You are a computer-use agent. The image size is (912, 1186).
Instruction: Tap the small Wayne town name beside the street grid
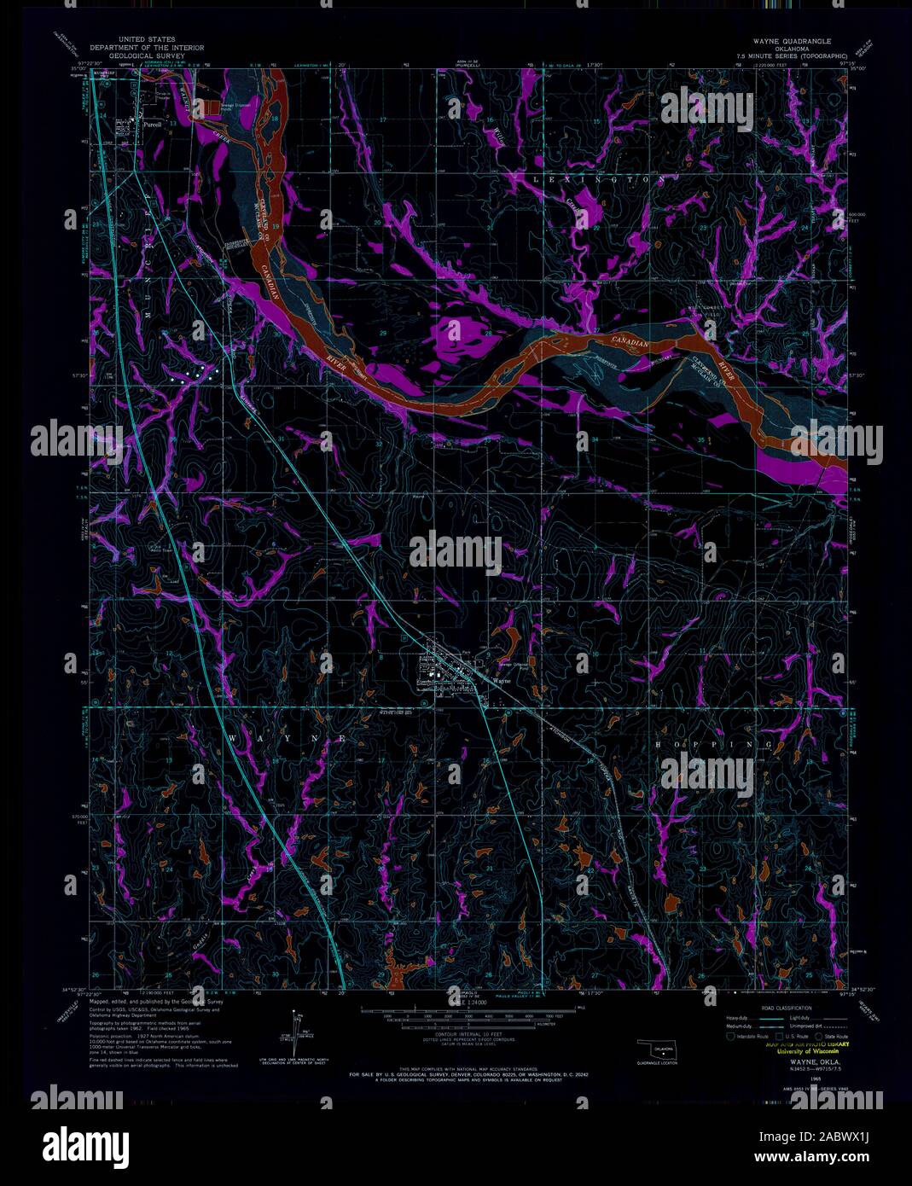[x=502, y=682]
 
